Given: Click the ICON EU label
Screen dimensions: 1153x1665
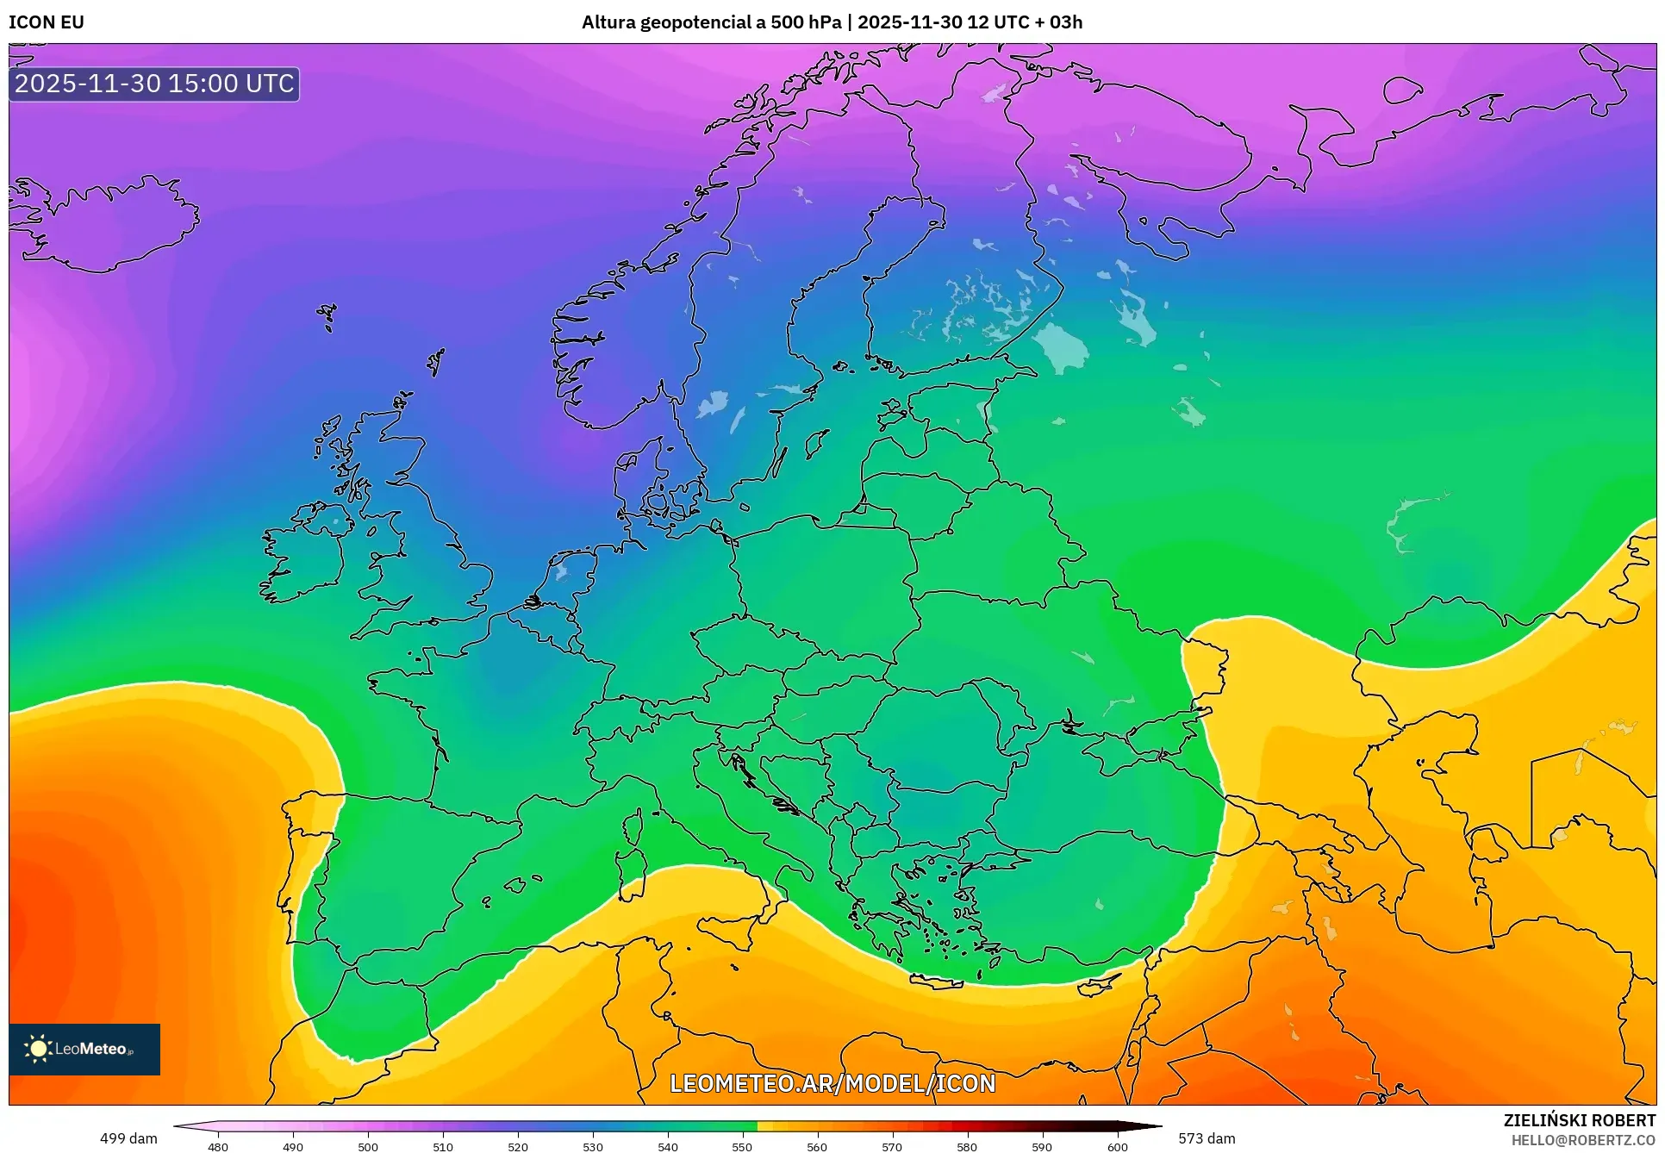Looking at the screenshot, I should [x=47, y=22].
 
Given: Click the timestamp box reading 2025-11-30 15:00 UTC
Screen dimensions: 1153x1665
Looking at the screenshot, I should [x=154, y=84].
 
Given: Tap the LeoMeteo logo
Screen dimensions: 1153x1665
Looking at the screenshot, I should [x=84, y=1049].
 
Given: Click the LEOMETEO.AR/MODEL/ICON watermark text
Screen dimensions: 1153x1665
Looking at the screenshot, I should [x=832, y=1083].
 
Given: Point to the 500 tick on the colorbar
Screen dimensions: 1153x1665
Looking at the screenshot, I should [x=368, y=1146].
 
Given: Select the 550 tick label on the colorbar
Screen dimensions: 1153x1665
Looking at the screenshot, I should [x=742, y=1146].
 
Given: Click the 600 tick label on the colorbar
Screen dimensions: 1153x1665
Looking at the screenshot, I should [x=1117, y=1146].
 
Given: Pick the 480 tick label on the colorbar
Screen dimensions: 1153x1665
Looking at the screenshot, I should [x=218, y=1146].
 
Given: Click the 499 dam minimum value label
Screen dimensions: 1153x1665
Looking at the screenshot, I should [x=128, y=1138].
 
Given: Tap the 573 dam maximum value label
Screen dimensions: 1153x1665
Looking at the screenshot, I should [x=1207, y=1138].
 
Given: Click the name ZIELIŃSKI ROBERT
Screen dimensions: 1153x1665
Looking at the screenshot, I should [x=1579, y=1120].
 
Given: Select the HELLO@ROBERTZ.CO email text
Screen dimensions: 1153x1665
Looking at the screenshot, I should [x=1583, y=1140].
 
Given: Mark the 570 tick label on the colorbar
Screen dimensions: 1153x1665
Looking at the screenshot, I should [x=892, y=1146].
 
